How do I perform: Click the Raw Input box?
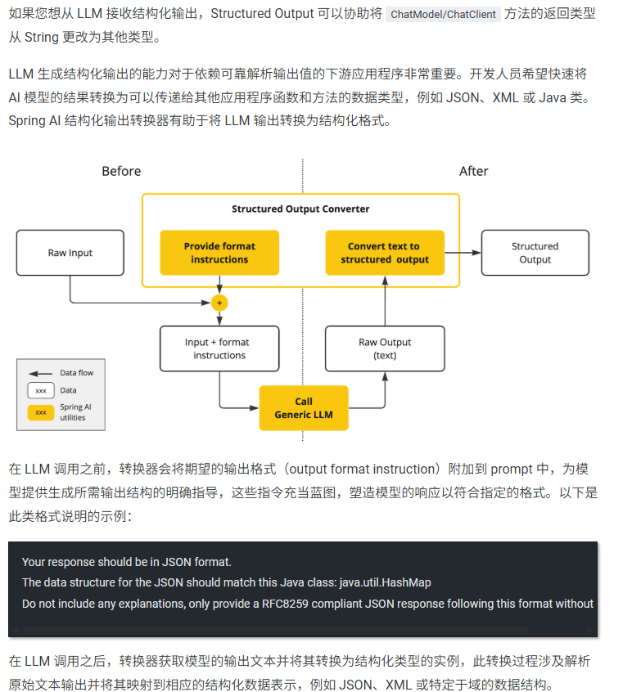pos(70,253)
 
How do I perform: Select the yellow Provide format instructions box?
pos(219,253)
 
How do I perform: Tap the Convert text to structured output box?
pos(385,253)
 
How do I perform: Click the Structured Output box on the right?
pos(535,253)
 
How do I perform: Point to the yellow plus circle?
pos(219,303)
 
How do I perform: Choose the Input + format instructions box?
pos(219,348)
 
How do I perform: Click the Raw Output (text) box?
pos(385,348)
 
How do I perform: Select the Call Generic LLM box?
pos(304,408)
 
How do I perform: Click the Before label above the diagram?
pos(121,171)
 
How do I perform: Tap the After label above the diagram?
pos(473,171)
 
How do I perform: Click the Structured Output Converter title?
pos(300,209)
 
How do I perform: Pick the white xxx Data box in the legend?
pos(41,390)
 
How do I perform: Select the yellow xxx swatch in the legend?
pos(41,412)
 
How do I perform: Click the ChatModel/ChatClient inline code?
pos(443,15)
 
